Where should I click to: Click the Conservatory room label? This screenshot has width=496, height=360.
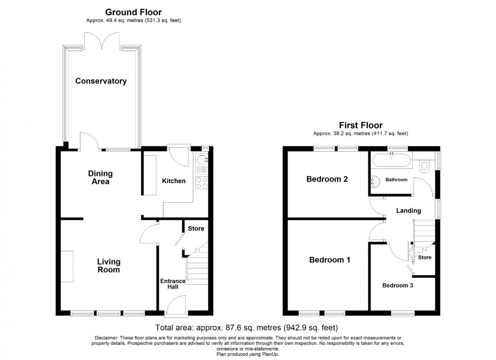tap(101, 81)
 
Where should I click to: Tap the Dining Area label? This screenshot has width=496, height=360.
tap(101, 177)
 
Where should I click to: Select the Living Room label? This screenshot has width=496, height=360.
tap(109, 265)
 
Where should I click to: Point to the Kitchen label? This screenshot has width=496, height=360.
tap(174, 181)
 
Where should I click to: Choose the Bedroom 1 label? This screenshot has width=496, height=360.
tap(330, 260)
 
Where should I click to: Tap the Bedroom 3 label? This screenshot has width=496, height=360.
tap(397, 285)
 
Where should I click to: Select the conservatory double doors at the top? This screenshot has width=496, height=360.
tap(103, 40)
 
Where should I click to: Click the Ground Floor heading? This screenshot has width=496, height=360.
tap(134, 12)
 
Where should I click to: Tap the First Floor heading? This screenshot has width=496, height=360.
tap(360, 125)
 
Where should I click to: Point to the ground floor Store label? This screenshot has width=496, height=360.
tap(196, 229)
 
